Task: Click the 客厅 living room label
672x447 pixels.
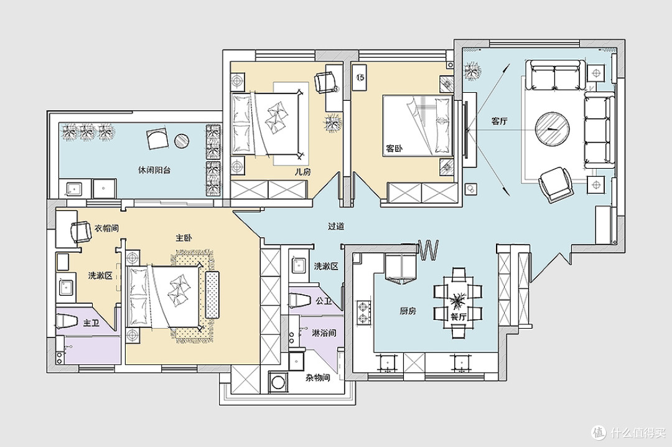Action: pyautogui.click(x=499, y=121)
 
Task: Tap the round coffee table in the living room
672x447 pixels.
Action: pyautogui.click(x=553, y=129)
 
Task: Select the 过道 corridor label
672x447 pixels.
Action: pyautogui.click(x=336, y=226)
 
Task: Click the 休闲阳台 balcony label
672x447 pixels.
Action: pyautogui.click(x=154, y=171)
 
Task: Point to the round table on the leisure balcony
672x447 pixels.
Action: pyautogui.click(x=182, y=141)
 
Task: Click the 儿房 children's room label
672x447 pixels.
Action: pyautogui.click(x=303, y=172)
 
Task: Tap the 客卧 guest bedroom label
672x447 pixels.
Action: pyautogui.click(x=394, y=149)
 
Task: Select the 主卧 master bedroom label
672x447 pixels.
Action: pyautogui.click(x=184, y=238)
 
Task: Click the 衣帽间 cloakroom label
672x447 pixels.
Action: pyautogui.click(x=106, y=228)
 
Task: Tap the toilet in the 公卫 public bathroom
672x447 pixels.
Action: pyautogui.click(x=300, y=300)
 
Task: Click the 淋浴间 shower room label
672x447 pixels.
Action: pyautogui.click(x=324, y=333)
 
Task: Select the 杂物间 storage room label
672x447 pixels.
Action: pyautogui.click(x=317, y=378)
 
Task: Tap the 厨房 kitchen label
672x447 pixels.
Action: pyautogui.click(x=408, y=311)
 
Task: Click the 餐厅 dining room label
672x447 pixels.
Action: pyautogui.click(x=458, y=318)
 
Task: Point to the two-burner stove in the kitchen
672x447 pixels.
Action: pyautogui.click(x=364, y=313)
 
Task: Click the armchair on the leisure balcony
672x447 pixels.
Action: pyautogui.click(x=157, y=138)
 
